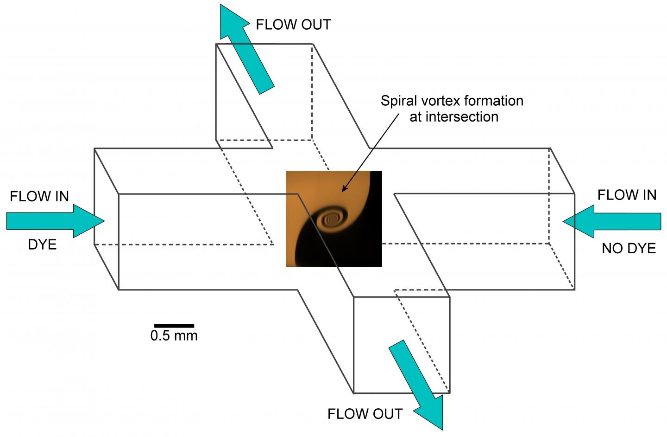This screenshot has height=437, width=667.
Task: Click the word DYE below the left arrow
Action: coord(42,244)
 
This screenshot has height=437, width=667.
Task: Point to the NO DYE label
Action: coord(629,249)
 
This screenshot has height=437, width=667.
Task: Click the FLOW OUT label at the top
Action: coord(294,25)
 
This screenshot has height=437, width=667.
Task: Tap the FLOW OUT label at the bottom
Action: coord(365,414)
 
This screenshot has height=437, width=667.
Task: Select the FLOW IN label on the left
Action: coord(39,197)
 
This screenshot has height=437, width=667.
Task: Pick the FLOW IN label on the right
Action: coord(627,195)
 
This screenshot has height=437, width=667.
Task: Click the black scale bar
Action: coord(174,326)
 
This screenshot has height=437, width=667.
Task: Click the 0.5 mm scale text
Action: coord(174,336)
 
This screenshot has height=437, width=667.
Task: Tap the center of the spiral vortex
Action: coord(332,217)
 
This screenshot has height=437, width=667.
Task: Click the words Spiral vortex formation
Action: coord(452,101)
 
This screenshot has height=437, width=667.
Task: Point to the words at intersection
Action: coord(454,116)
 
